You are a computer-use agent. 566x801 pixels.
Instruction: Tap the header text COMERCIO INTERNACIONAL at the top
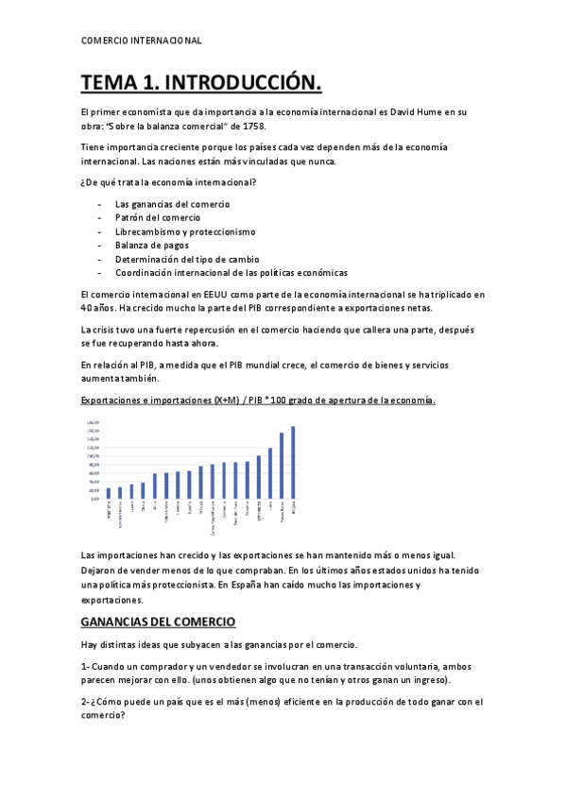point(142,41)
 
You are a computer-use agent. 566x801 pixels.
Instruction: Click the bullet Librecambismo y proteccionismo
point(185,231)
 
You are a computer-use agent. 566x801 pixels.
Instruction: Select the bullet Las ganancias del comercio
point(172,204)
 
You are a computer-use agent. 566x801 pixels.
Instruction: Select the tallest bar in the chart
point(293,461)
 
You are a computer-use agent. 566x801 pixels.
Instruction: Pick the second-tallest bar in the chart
point(282,465)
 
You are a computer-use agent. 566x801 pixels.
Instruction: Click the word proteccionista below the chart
point(179,586)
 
